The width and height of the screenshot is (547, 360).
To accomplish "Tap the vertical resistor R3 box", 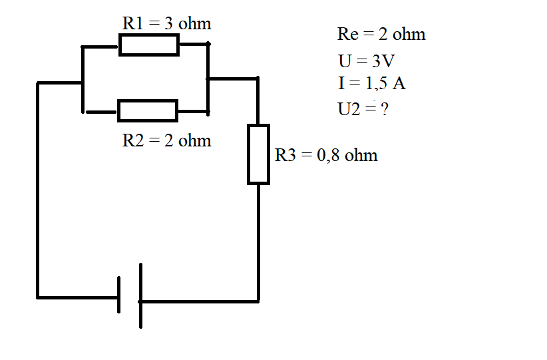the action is [x=258, y=154].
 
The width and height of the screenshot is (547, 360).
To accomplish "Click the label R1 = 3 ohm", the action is [x=167, y=24].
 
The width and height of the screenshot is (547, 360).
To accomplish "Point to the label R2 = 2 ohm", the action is [x=167, y=140].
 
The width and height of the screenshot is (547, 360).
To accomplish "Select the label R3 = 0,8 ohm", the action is [x=326, y=155].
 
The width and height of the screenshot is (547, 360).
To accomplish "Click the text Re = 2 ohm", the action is [x=381, y=34].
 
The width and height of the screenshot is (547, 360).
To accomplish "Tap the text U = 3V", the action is [x=366, y=61].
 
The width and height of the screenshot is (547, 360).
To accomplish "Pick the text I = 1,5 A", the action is [x=372, y=83].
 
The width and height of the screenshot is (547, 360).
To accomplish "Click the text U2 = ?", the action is [x=363, y=109].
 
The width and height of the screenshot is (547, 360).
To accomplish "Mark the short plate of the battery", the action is [x=119, y=295].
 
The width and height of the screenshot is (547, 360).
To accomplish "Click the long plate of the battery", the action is [x=140, y=296].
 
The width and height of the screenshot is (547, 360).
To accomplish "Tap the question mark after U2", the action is [x=385, y=109].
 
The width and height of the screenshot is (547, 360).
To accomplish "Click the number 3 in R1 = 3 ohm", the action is [x=168, y=24].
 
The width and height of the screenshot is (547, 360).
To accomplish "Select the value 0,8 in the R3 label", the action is [x=328, y=156].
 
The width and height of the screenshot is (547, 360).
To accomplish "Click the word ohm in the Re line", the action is [x=409, y=34].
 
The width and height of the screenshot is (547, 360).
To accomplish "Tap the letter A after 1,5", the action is [x=399, y=83].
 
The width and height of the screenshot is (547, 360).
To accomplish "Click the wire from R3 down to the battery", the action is [x=258, y=243].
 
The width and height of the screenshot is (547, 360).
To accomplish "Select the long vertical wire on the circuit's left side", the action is [x=38, y=190].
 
